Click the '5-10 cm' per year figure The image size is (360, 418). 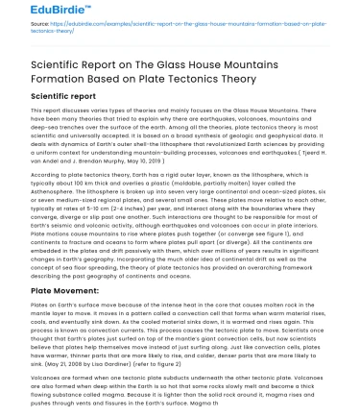78,198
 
